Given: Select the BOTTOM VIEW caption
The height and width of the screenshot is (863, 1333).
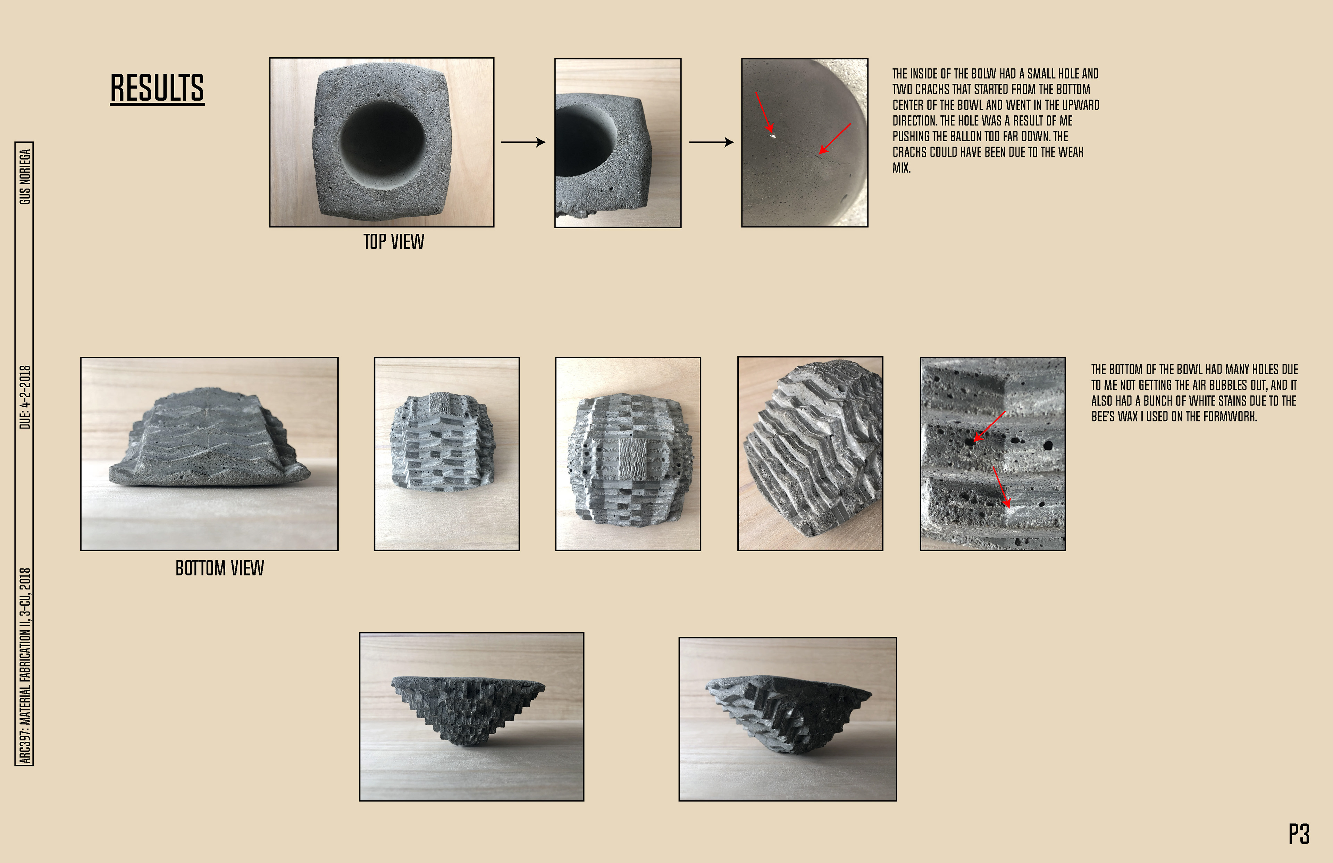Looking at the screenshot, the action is [219, 568].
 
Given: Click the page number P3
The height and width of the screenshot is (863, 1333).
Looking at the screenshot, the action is [1299, 834].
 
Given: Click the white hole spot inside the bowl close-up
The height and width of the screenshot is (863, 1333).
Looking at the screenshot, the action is [773, 135].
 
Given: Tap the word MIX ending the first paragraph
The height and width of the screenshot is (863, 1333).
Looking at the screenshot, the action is [901, 167].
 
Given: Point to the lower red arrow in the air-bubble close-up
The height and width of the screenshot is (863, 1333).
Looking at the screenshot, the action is [1001, 487].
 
